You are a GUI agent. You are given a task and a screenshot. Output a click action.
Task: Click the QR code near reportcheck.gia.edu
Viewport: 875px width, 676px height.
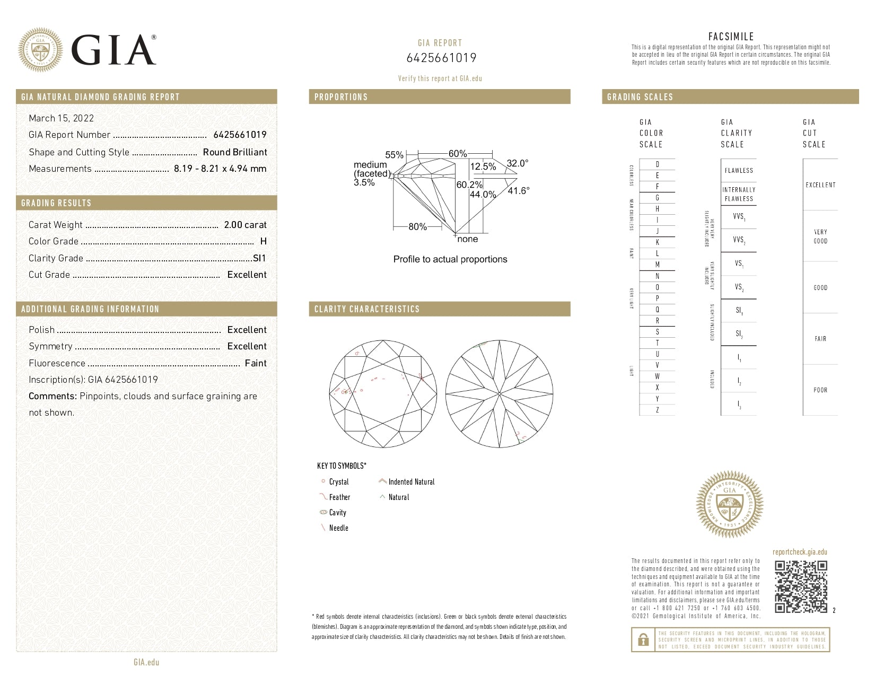tap(801, 586)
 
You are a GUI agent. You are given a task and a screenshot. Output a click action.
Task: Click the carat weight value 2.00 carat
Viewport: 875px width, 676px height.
tap(245, 225)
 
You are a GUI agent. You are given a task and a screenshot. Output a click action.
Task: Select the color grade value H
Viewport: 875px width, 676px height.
tap(264, 241)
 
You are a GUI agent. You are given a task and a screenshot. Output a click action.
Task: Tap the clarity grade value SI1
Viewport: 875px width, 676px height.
tap(259, 258)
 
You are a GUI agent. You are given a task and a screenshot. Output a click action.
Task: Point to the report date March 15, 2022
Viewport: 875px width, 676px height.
tap(61, 118)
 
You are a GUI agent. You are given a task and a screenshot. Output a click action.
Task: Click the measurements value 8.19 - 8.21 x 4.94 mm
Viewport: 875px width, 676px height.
tap(220, 169)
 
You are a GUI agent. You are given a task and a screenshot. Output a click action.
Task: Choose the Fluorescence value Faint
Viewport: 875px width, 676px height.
tap(256, 363)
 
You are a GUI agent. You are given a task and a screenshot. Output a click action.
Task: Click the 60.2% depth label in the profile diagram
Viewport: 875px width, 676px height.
tap(469, 185)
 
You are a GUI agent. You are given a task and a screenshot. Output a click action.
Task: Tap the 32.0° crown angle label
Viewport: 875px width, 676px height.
tap(517, 163)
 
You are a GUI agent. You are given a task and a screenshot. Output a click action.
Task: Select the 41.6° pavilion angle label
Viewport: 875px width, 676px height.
tap(518, 190)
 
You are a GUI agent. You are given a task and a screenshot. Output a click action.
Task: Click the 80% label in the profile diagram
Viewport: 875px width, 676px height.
tap(417, 227)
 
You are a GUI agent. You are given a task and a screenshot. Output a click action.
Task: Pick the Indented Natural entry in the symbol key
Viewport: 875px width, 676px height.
tap(411, 482)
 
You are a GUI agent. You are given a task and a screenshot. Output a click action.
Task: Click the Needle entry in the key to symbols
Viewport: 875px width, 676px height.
tap(338, 528)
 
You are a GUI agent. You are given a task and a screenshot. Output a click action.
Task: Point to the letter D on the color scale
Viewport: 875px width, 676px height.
tap(658, 164)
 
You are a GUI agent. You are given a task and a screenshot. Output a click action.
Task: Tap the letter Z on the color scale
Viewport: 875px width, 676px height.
tap(658, 410)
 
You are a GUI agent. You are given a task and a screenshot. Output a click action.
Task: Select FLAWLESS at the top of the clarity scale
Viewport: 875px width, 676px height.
tap(739, 171)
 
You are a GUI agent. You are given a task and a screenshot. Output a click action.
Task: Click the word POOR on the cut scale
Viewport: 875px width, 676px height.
tap(820, 390)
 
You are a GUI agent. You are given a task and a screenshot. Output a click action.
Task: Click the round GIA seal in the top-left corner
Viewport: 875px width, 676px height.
tap(40, 50)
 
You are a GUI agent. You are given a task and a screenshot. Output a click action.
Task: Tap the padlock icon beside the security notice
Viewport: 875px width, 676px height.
tap(643, 639)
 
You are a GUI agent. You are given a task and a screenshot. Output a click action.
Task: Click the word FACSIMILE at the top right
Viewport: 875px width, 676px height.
tap(731, 37)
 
